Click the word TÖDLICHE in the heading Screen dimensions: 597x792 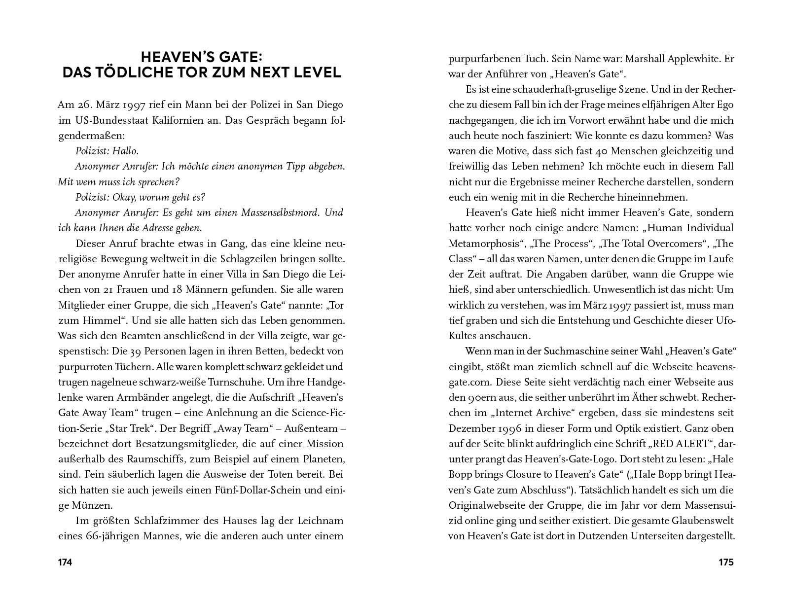pos(147,72)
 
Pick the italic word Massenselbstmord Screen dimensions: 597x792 pos(281,213)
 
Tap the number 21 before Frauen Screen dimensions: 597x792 pos(133,289)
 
